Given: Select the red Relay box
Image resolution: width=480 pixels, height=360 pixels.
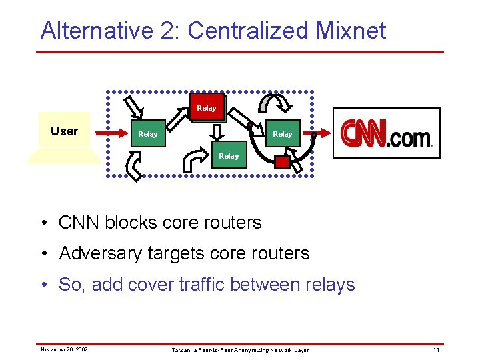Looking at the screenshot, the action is pos(207,107).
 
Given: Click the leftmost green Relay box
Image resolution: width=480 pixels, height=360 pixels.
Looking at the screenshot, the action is pos(148,134).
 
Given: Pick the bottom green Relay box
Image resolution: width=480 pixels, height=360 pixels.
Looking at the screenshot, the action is pos(229,156).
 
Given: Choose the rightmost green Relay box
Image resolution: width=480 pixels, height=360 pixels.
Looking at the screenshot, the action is pos(283,134).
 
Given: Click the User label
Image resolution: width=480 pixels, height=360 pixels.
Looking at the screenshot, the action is pos(64,131).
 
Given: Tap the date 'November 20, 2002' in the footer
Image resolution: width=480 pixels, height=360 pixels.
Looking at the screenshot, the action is pos(64,349).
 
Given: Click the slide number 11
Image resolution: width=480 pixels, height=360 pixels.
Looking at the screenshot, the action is pos(436,349).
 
